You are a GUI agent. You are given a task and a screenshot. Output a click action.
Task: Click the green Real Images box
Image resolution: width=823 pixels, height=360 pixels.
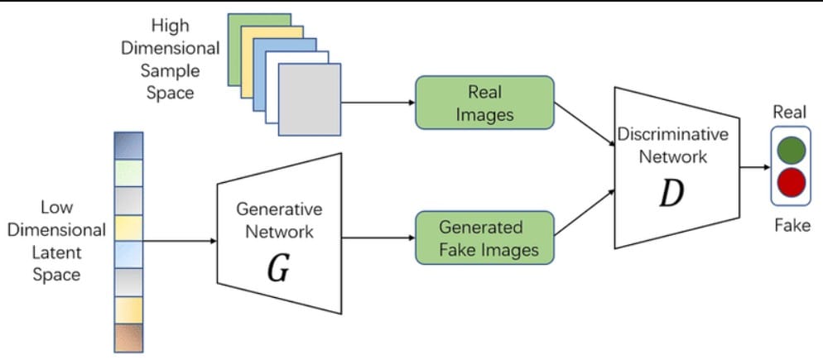(484, 103)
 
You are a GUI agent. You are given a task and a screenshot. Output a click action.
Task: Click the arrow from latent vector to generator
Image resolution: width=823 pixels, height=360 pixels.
(179, 242)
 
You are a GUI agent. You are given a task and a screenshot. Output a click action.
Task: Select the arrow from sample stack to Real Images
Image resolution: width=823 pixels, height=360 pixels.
(377, 103)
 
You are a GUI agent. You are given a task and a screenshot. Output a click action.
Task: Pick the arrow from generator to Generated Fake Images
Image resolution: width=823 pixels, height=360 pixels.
(378, 238)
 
